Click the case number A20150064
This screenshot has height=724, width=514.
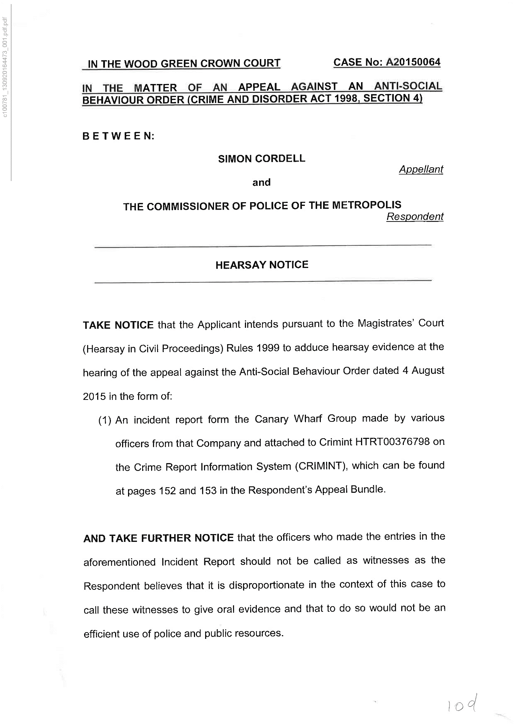point(413,62)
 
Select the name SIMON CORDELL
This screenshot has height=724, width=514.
point(261,159)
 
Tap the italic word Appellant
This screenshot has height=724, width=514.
point(421,169)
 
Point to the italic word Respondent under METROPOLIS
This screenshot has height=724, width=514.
point(415,217)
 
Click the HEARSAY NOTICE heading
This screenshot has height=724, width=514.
point(262,265)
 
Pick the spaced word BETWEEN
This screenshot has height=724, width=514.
point(118,136)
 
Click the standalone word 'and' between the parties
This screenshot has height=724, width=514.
point(261,182)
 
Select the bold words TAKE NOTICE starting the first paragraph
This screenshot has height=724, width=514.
point(118,325)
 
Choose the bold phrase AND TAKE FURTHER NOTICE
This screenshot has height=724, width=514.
point(158,538)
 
